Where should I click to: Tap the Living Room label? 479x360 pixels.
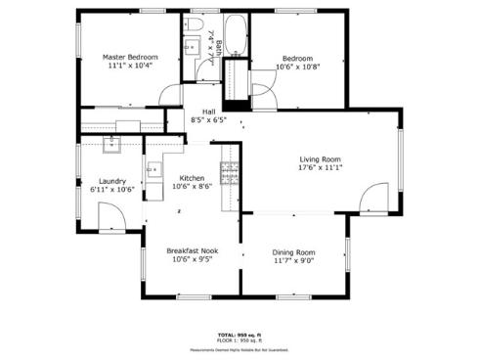(320, 158)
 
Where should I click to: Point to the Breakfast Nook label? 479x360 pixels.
(192, 250)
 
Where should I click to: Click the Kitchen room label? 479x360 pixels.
(192, 177)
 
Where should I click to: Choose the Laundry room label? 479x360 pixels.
(112, 181)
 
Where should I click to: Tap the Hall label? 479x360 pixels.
(208, 112)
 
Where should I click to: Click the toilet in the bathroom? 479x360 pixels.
(195, 23)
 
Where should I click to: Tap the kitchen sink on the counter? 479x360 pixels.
(152, 170)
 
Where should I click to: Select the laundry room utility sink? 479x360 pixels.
(112, 145)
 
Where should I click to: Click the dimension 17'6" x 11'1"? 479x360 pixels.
(320, 167)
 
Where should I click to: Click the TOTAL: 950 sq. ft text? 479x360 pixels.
(239, 335)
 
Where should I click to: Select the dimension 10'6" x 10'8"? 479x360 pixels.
(296, 67)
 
